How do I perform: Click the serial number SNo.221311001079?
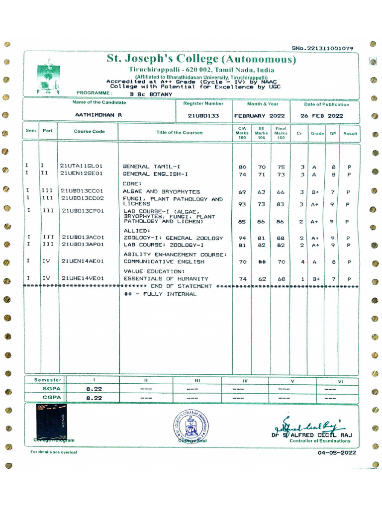pyautogui.click(x=323, y=48)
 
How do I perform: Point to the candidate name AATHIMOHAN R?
pyautogui.click(x=98, y=115)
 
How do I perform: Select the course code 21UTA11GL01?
pyautogui.click(x=81, y=166)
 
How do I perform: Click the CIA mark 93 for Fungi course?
pyautogui.click(x=242, y=204)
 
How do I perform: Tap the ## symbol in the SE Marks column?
pyautogui.click(x=261, y=261)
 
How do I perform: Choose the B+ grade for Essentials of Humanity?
pyautogui.click(x=317, y=279)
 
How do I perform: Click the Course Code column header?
pyautogui.click(x=90, y=132)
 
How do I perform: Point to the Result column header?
pyautogui.click(x=350, y=134)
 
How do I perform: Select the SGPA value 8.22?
pyautogui.click(x=94, y=389)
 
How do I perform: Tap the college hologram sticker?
pyautogui.click(x=51, y=422)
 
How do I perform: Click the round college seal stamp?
pyautogui.click(x=191, y=426)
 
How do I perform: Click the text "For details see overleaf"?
pyautogui.click(x=54, y=452)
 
